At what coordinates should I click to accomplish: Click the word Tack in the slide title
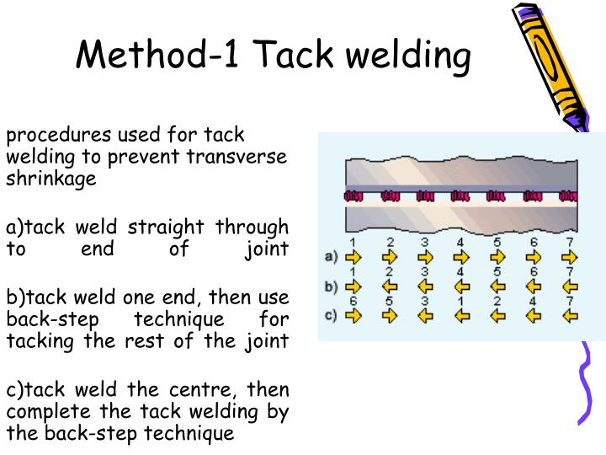click(x=294, y=55)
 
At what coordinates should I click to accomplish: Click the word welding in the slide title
click(x=409, y=56)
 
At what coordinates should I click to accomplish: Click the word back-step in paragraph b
click(x=45, y=320)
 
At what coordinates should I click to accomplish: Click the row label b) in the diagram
click(x=331, y=286)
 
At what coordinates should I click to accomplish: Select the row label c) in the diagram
click(x=331, y=315)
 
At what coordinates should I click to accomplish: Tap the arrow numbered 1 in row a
click(x=353, y=257)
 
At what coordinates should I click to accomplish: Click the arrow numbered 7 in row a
click(x=571, y=257)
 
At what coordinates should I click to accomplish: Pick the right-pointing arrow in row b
click(x=353, y=286)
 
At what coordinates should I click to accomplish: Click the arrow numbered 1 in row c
click(x=461, y=316)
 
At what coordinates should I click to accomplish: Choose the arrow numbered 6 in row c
click(x=353, y=316)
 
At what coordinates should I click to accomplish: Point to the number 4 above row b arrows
click(x=460, y=272)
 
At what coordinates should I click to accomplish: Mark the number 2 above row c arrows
click(x=497, y=302)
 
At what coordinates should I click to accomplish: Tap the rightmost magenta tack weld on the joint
click(x=569, y=197)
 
